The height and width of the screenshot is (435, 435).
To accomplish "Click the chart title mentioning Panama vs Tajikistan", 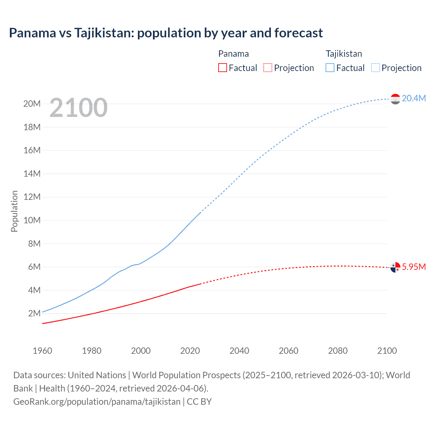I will point(166,33).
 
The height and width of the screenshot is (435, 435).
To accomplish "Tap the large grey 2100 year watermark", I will point(79,108).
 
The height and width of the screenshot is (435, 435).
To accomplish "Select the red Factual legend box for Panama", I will point(222,68).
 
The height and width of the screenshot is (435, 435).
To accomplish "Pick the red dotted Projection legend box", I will point(268,68).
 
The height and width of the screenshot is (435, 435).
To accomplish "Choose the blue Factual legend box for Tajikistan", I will point(330,68).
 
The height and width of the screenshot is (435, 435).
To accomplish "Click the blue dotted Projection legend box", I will point(375,68).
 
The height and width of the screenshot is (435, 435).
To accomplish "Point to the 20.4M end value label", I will point(414,98).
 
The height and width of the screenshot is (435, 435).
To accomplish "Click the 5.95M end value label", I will point(414,267).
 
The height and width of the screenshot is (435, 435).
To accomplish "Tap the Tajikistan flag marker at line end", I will point(395,99).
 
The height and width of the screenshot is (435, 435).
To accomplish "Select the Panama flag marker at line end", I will point(395,267).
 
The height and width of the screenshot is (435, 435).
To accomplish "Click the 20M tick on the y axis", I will point(32,104).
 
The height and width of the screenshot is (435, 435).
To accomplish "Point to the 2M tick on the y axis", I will point(34,313).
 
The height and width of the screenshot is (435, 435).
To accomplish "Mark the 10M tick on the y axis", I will point(32,220).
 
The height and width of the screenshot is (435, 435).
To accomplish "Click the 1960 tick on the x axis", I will point(42,351).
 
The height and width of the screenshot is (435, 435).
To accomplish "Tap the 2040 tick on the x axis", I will point(239,351).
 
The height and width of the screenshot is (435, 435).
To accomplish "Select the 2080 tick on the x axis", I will point(338,351).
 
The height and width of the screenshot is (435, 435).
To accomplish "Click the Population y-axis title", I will point(14,211).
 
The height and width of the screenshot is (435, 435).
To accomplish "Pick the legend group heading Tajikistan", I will point(344,54).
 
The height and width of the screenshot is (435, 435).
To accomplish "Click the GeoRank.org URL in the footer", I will point(97,402).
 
